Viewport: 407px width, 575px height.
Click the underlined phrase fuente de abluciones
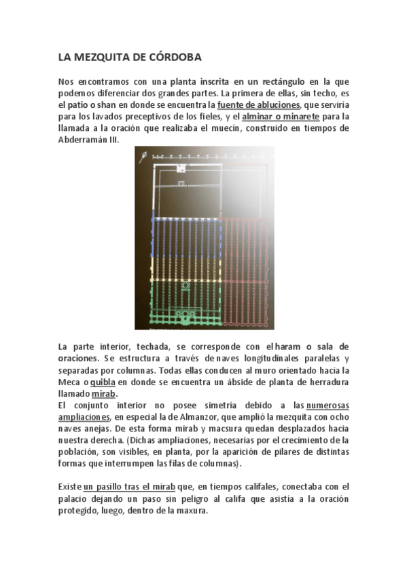258,105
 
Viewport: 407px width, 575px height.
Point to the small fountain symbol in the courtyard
181,183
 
